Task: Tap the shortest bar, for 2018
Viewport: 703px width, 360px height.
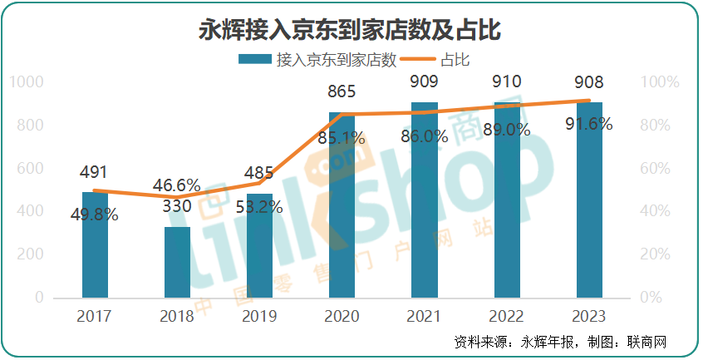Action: coord(177,262)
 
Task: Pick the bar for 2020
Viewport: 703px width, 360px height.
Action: coord(342,208)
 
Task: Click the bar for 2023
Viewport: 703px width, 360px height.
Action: coord(589,200)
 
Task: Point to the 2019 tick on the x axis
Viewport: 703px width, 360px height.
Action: coord(259,317)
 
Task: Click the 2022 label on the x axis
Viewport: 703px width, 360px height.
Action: coord(507,317)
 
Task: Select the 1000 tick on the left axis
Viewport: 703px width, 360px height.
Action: coord(28,82)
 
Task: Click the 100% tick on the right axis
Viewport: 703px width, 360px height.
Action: coord(662,82)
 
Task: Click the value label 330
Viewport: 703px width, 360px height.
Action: coord(177,205)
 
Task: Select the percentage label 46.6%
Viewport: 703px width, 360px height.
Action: coord(177,185)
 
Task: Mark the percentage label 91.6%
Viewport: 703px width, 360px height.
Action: coord(589,125)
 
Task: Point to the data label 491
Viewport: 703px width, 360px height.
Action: coord(95,172)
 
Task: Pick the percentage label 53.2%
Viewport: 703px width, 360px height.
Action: coord(259,207)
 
